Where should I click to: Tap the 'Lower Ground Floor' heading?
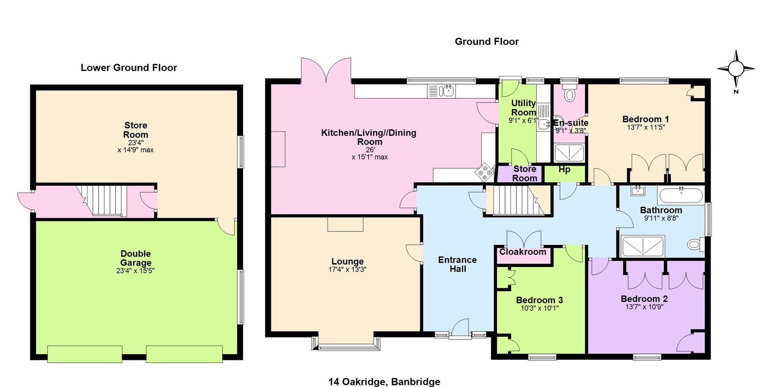click(x=129, y=68)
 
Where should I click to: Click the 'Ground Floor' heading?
click(x=487, y=42)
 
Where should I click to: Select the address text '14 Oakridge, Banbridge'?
click(x=384, y=381)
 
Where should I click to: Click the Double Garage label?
click(x=136, y=258)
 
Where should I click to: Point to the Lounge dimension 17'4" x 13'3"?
click(x=347, y=270)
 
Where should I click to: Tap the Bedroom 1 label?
click(x=646, y=119)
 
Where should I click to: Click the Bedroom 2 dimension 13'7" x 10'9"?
click(x=644, y=307)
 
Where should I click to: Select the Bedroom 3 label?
click(x=539, y=300)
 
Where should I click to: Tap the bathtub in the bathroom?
click(x=680, y=196)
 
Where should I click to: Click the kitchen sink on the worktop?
click(x=442, y=91)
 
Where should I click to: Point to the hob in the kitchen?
click(x=485, y=172)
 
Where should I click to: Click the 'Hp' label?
click(x=564, y=170)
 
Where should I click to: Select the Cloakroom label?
click(x=523, y=252)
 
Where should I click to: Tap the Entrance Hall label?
click(x=457, y=264)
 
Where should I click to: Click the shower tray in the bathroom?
click(x=643, y=246)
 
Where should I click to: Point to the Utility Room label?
click(x=523, y=108)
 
